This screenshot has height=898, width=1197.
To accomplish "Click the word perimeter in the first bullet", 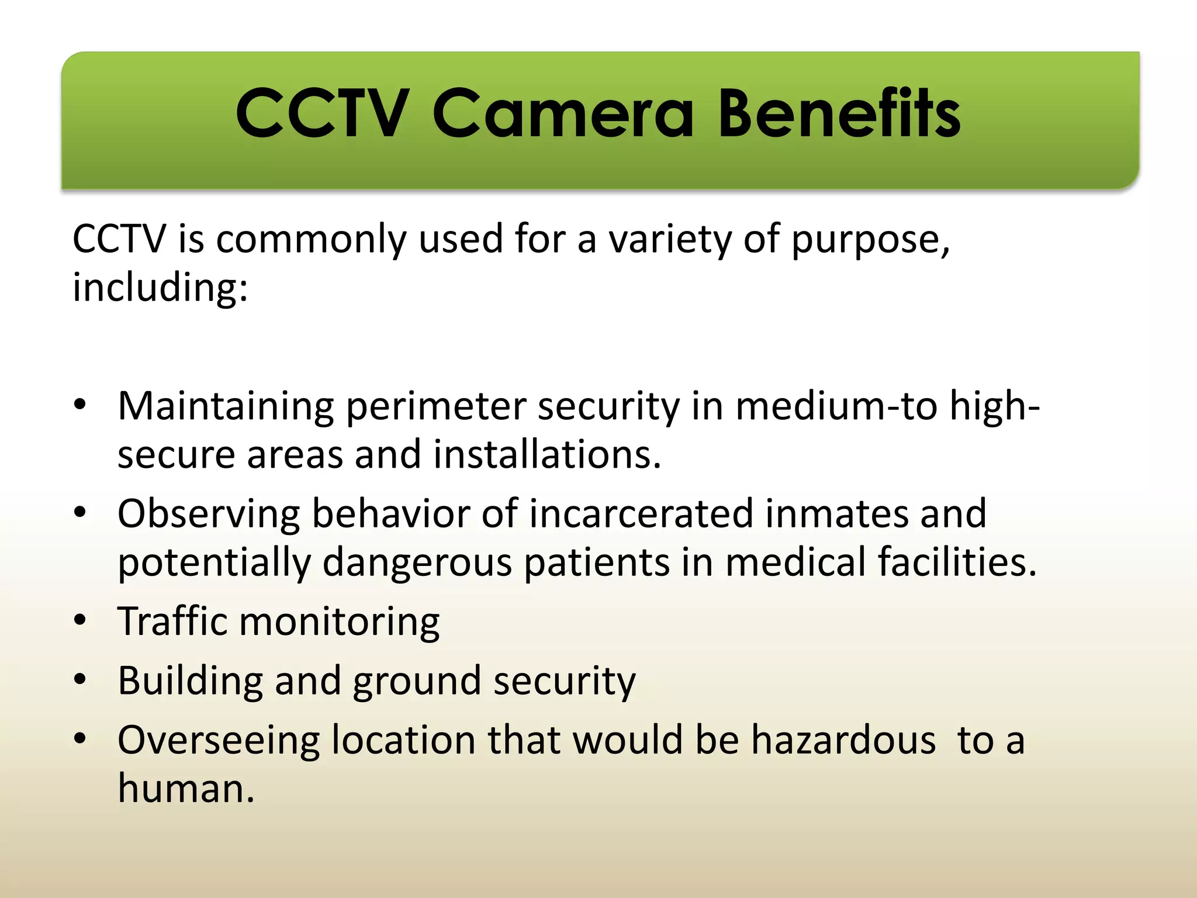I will pyautogui.click(x=436, y=407).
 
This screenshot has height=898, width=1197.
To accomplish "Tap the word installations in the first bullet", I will pyautogui.click(x=547, y=455).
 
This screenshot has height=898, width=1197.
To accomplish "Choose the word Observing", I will pyautogui.click(x=209, y=514).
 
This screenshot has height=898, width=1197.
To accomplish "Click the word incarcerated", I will pyautogui.click(x=641, y=514).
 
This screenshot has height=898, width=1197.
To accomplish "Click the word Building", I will pyautogui.click(x=190, y=681).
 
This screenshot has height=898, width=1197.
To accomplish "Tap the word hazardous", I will pyautogui.click(x=843, y=740).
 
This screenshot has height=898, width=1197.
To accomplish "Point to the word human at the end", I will pyautogui.click(x=186, y=789).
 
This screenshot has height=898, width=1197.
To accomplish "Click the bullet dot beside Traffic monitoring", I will pyautogui.click(x=80, y=620).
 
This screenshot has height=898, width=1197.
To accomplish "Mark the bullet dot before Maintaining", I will pyautogui.click(x=80, y=405).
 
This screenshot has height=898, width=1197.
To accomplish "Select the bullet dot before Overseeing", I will pyautogui.click(x=80, y=738).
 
